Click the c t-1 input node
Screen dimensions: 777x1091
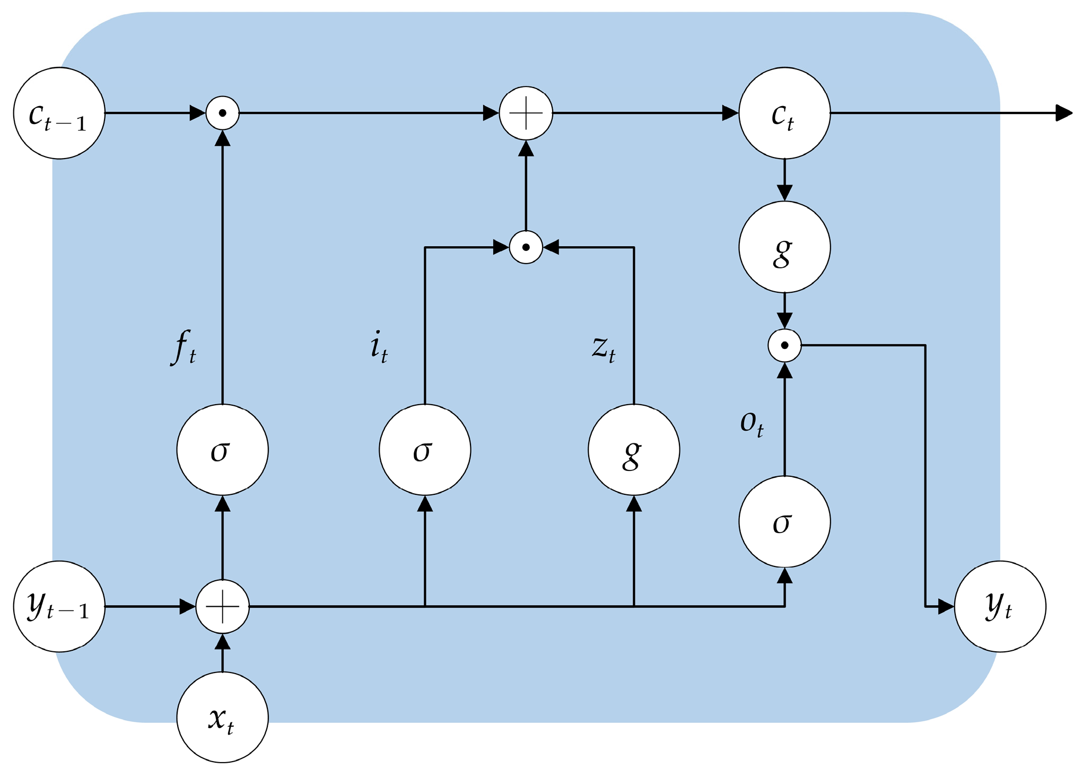pyautogui.click(x=59, y=113)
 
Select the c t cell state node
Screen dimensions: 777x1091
pyautogui.click(x=784, y=113)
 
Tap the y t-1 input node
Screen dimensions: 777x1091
pyautogui.click(x=59, y=606)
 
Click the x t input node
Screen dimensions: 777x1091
pyautogui.click(x=222, y=717)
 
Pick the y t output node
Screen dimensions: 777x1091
pyautogui.click(x=1000, y=606)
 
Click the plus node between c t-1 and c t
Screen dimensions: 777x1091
pyautogui.click(x=526, y=113)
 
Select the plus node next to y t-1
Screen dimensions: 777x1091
pyautogui.click(x=222, y=606)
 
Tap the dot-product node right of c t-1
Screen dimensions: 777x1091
pyautogui.click(x=222, y=113)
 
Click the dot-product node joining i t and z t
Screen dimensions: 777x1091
pyautogui.click(x=526, y=247)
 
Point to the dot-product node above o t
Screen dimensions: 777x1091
pyautogui.click(x=784, y=345)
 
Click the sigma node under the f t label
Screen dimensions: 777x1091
pyautogui.click(x=222, y=450)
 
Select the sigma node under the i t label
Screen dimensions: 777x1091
pyautogui.click(x=425, y=450)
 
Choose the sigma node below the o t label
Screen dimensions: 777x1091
pyautogui.click(x=784, y=521)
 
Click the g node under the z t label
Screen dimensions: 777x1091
pyautogui.click(x=634, y=450)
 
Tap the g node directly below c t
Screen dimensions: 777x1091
pyautogui.click(x=784, y=247)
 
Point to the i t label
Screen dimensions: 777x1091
pyautogui.click(x=379, y=347)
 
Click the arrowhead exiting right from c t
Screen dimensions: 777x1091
pyautogui.click(x=1063, y=113)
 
